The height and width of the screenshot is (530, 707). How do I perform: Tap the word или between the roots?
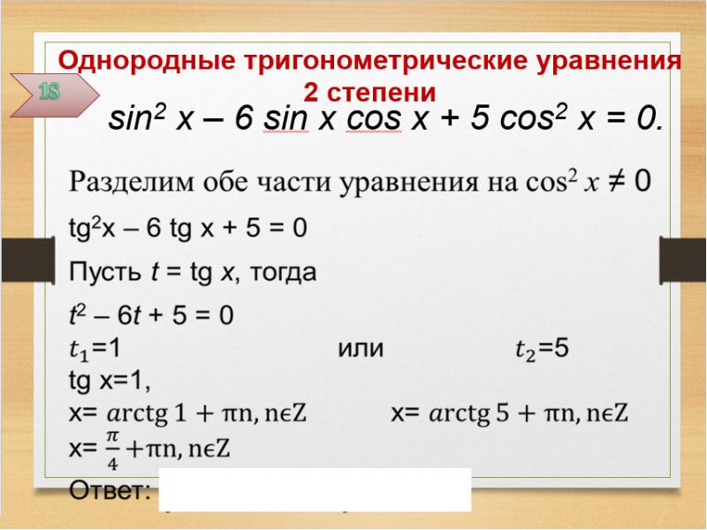coord(360,349)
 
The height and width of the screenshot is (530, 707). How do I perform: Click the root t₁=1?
coord(101,349)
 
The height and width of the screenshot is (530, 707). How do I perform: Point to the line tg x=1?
coord(110,381)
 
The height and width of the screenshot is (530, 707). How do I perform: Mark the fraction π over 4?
coord(112,447)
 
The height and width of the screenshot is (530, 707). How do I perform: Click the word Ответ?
coord(110,490)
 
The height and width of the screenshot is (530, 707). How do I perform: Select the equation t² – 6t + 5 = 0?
coord(151,315)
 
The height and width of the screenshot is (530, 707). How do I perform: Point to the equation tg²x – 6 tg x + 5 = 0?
coord(188,229)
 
